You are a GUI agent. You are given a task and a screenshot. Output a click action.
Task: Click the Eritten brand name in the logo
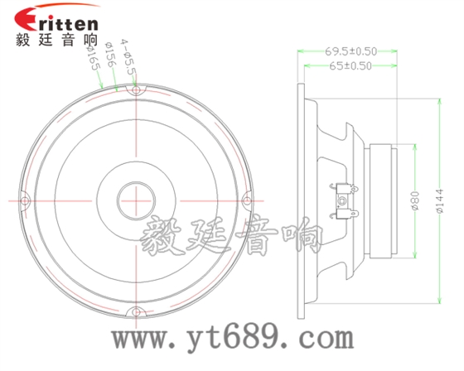[65, 19]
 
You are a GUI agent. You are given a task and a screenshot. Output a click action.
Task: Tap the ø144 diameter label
[439, 200]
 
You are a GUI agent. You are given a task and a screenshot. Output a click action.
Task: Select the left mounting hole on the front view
[24, 200]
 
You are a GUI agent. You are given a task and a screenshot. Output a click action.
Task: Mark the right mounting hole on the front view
[245, 200]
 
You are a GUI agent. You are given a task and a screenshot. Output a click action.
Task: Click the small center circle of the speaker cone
[135, 200]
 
